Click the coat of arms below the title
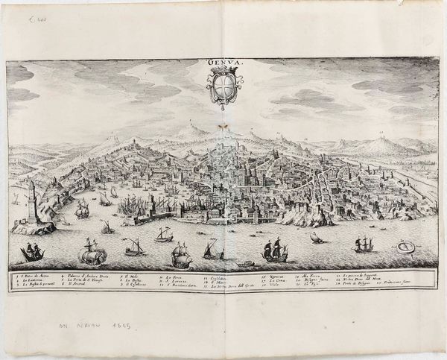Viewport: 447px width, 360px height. click(224, 89)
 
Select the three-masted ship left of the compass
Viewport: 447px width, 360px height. click(363, 244)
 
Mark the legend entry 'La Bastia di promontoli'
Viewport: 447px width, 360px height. click(37, 286)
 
